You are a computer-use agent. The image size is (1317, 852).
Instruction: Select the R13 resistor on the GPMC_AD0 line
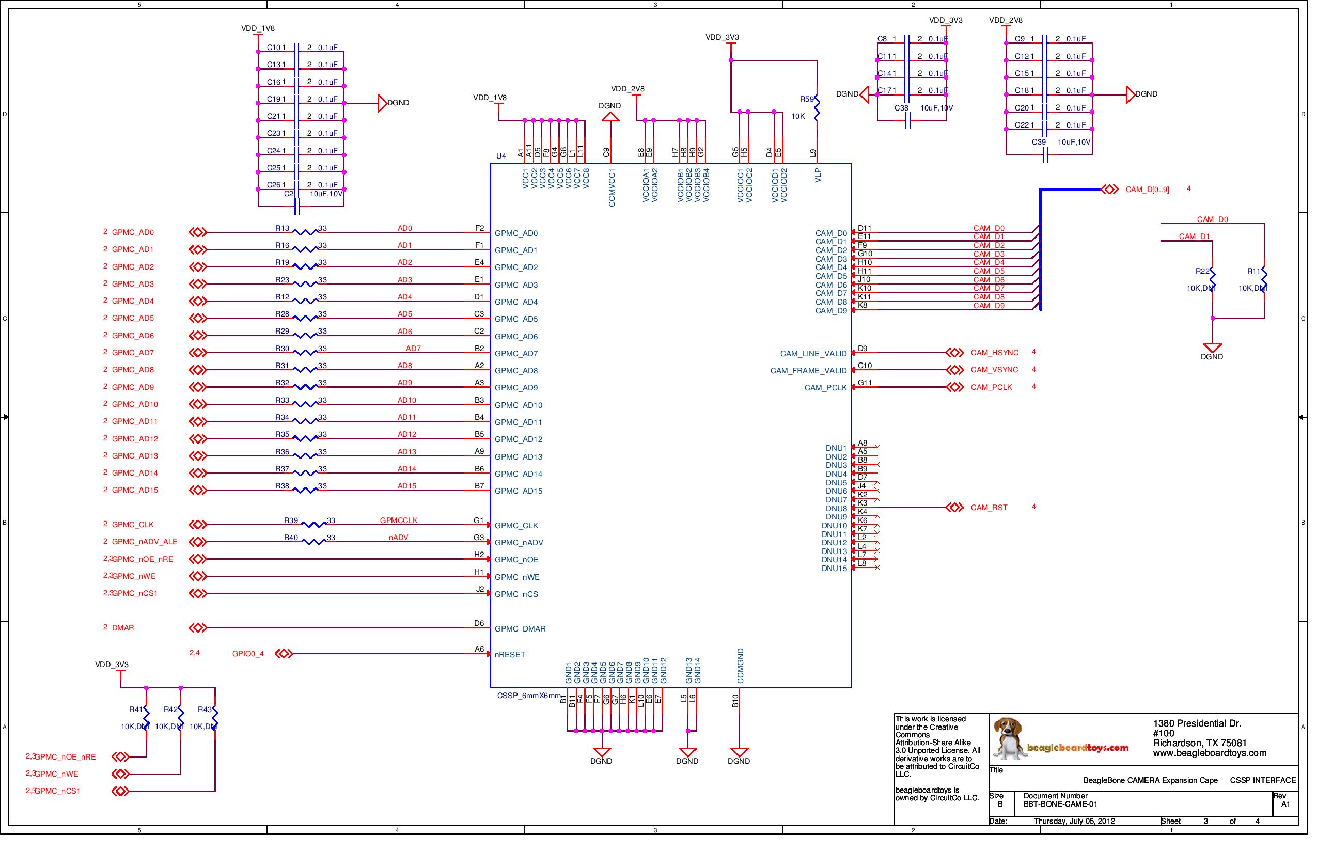pyautogui.click(x=305, y=233)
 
